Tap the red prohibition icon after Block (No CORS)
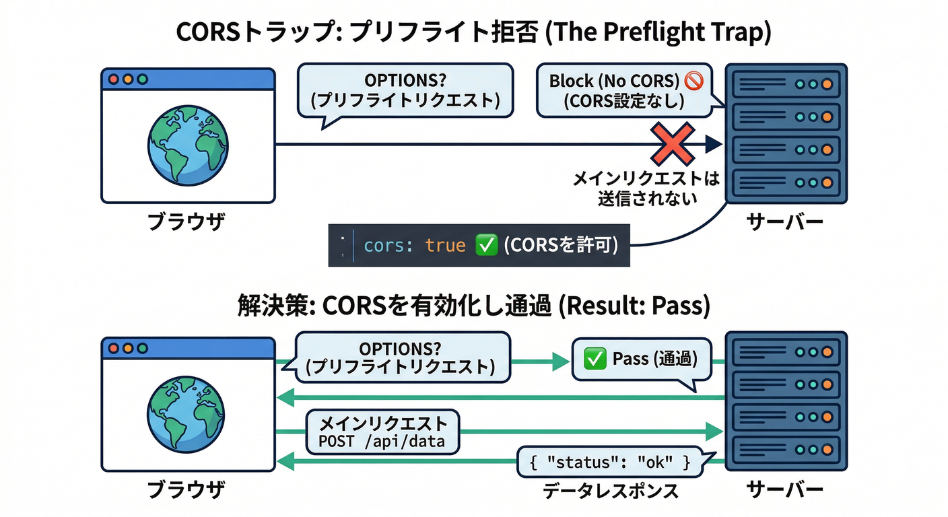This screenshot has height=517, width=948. tap(693, 81)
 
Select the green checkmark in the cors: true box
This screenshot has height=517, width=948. tap(486, 245)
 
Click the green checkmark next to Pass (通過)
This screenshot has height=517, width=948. tap(595, 359)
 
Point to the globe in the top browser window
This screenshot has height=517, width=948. tap(188, 143)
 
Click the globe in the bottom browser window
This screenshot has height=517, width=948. tap(188, 411)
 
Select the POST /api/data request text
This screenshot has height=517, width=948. tap(382, 442)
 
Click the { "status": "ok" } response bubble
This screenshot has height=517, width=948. tap(610, 462)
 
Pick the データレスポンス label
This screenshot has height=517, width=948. tap(611, 491)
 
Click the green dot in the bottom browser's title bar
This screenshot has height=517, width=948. tap(142, 348)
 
